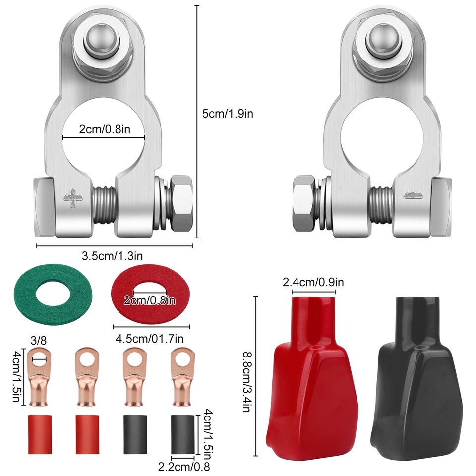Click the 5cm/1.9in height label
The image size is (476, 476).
(228, 113)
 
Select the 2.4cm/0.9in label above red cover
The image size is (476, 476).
(313, 283)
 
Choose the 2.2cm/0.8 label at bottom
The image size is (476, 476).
(183, 466)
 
